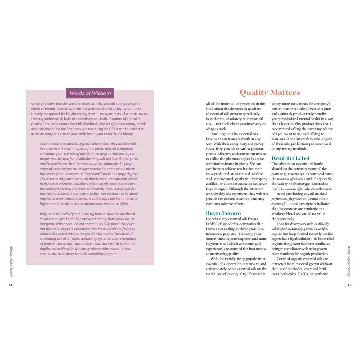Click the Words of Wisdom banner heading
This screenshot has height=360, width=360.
pyautogui.click(x=90, y=94)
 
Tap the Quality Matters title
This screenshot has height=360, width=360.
pyautogui.click(x=270, y=93)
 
